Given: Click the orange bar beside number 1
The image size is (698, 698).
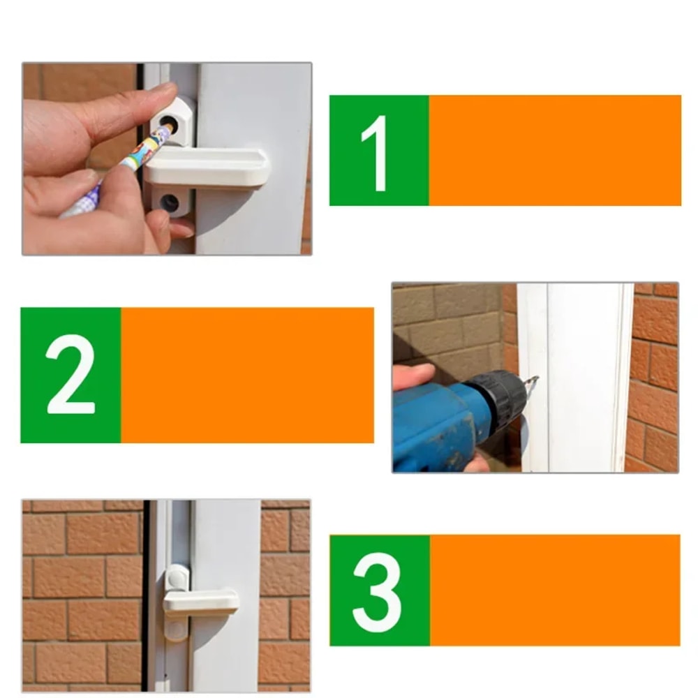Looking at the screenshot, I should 555,150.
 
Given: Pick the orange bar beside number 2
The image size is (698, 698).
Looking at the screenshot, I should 247,375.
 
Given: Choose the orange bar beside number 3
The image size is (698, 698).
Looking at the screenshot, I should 555,591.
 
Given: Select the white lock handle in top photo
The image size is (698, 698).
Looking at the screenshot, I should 209,168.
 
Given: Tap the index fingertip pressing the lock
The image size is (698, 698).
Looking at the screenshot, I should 161,94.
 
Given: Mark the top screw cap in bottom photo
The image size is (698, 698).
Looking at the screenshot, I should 177,577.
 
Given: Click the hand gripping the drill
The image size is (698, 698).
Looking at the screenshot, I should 415,377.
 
